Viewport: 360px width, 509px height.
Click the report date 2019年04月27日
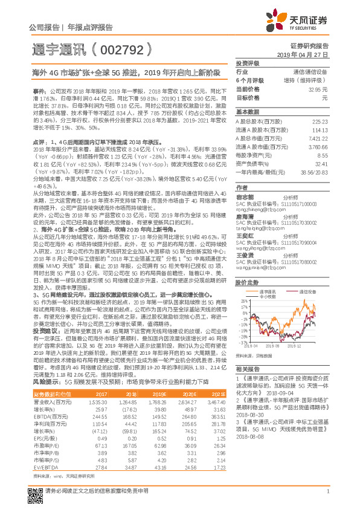pyautogui.click(x=305, y=54)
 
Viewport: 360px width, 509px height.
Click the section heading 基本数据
pyautogui.click(x=247, y=112)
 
